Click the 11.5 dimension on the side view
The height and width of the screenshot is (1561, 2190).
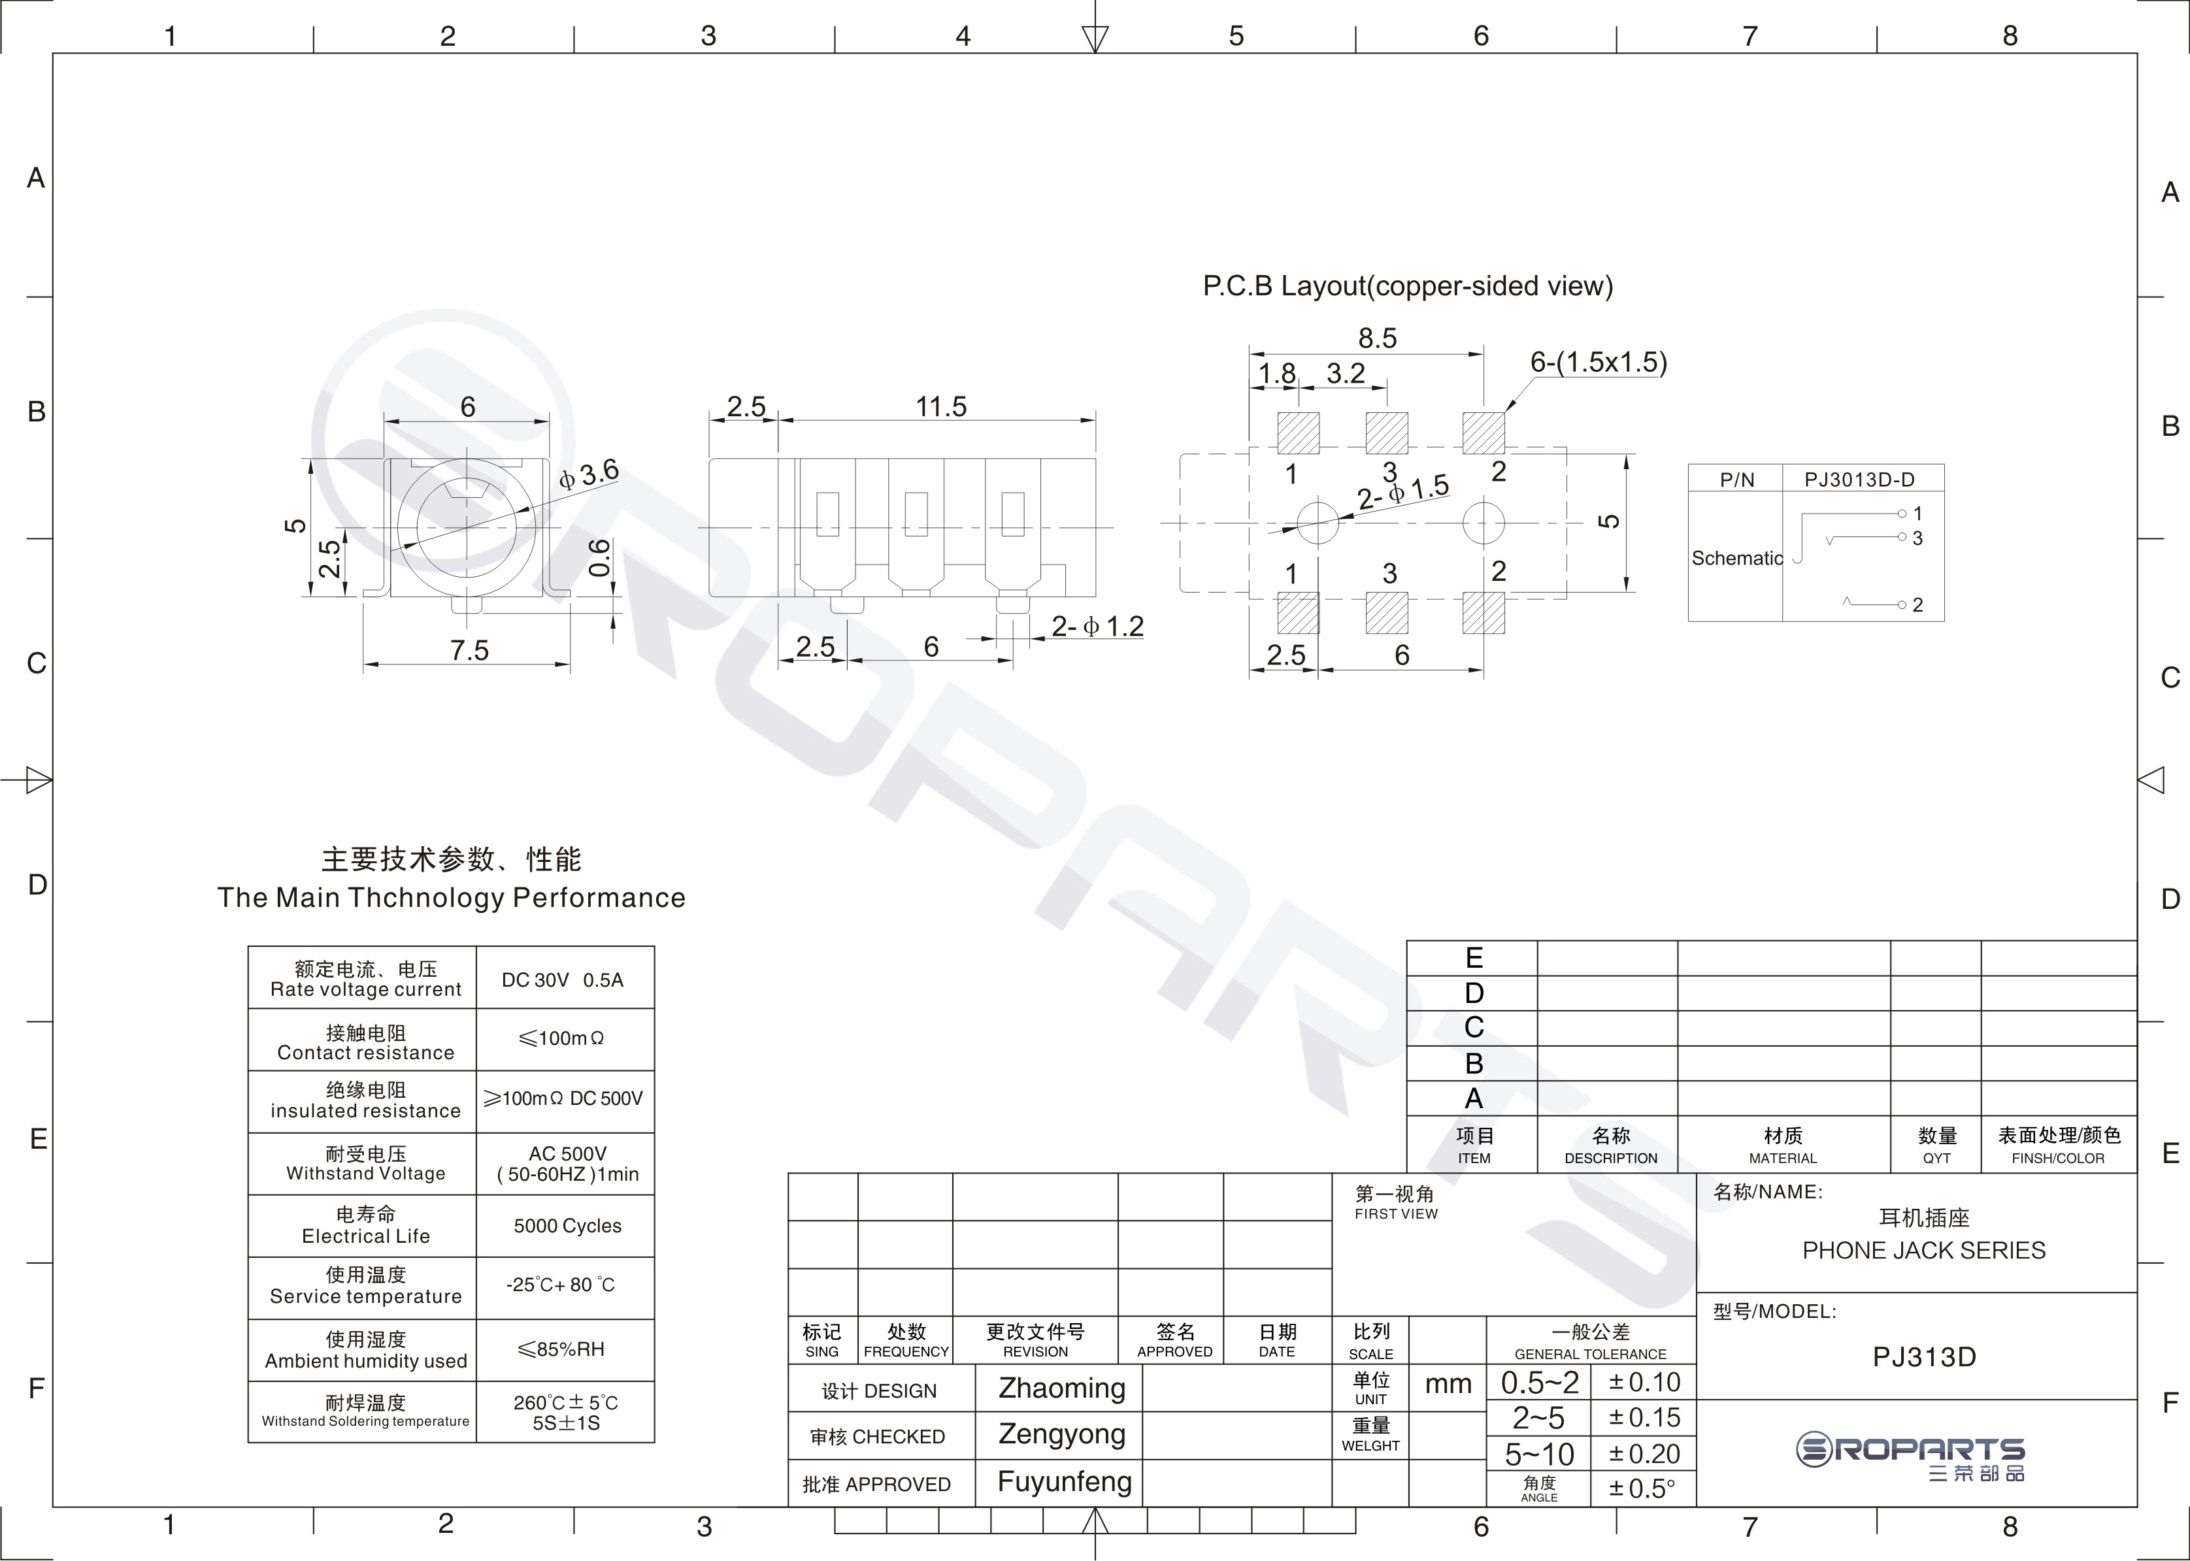(x=940, y=406)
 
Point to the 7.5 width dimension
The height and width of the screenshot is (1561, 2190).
(x=469, y=651)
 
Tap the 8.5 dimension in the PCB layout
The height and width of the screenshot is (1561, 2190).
(x=1377, y=338)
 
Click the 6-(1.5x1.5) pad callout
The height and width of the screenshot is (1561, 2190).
(x=1599, y=363)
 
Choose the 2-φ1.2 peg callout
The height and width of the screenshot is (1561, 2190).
(x=1097, y=627)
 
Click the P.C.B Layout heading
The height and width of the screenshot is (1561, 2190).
(x=1408, y=286)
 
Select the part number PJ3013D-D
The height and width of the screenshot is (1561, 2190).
(x=1859, y=480)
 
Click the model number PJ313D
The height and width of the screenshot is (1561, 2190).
(x=1924, y=1357)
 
